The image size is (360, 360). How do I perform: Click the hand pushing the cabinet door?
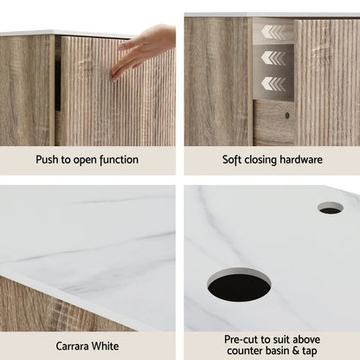143,49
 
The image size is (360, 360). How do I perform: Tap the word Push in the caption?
50,160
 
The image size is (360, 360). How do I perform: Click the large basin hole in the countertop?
240,286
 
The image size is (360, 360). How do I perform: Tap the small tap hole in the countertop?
330,208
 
